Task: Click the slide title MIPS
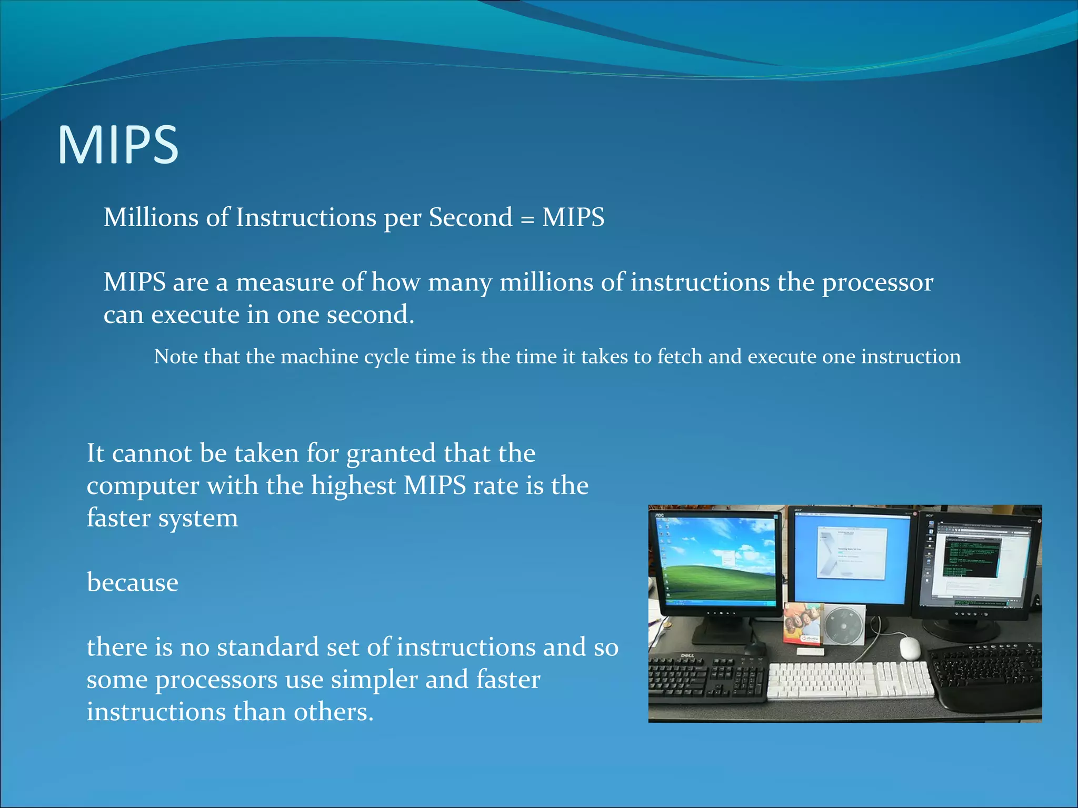click(118, 145)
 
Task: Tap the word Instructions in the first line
click(306, 217)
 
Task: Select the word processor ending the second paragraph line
click(877, 283)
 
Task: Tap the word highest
click(353, 486)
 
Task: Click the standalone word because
click(133, 583)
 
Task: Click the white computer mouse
click(910, 648)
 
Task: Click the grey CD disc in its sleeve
click(844, 626)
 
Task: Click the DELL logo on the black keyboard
click(687, 655)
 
